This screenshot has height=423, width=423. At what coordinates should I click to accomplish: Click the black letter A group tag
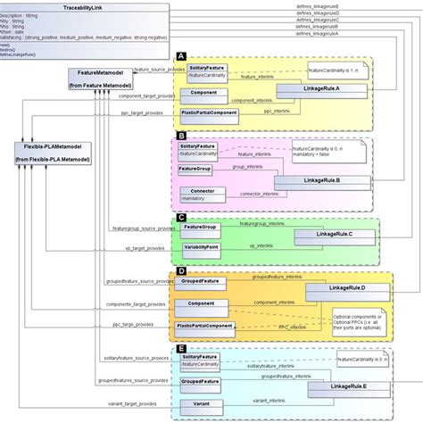tap(181, 57)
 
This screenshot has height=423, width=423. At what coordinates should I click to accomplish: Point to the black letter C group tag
tap(181, 216)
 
